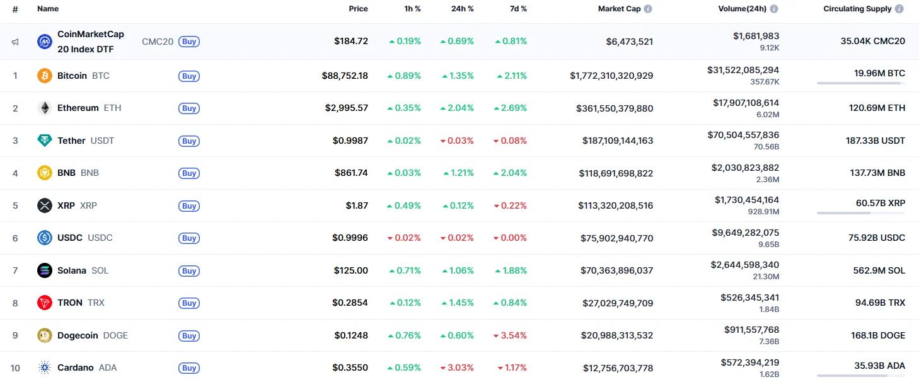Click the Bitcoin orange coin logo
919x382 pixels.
coord(44,76)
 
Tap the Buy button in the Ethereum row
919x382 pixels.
coord(189,108)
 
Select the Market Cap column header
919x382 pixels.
coord(619,9)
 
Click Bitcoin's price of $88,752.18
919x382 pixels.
coord(345,76)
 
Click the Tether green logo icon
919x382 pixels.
coord(44,141)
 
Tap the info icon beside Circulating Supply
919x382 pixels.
coord(899,9)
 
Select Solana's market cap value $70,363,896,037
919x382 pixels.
coord(616,270)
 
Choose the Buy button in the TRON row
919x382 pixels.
coord(189,303)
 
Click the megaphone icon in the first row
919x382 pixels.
coord(15,42)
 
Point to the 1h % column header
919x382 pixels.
coord(412,9)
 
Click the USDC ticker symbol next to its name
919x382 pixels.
coord(100,238)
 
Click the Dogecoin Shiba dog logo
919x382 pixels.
coord(44,335)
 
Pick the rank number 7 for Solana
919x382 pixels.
coord(15,270)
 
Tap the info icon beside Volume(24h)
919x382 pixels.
coord(774,9)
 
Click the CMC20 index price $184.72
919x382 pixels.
coord(351,42)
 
